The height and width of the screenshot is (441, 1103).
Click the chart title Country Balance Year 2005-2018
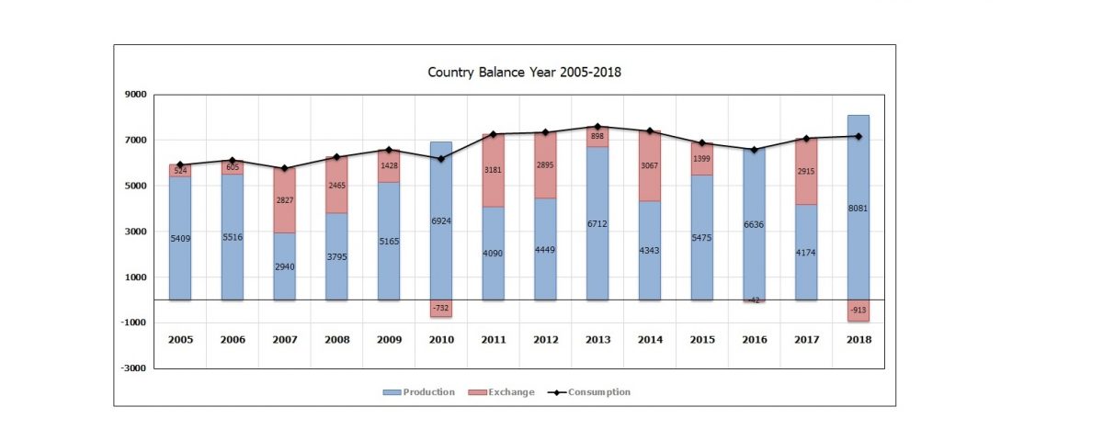(525, 72)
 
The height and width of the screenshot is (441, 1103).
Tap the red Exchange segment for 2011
(494, 170)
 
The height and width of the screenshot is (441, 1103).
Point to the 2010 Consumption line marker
(440, 159)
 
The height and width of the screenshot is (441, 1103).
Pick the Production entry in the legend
(419, 392)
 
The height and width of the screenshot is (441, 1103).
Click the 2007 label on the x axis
(284, 340)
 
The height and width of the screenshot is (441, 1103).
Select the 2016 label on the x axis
(754, 340)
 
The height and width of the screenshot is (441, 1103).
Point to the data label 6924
(441, 221)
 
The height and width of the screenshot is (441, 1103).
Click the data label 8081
(858, 209)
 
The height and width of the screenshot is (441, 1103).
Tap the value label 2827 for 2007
(284, 201)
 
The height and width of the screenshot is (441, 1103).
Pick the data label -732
(441, 309)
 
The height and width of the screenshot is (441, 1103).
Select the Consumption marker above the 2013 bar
(597, 127)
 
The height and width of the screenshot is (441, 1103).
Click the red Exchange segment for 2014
(650, 165)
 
